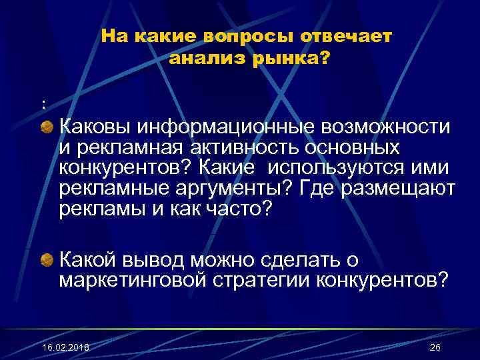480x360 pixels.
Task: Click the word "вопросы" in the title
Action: (x=241, y=37)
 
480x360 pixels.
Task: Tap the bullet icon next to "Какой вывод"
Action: (x=48, y=259)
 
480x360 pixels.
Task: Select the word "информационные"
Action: (x=229, y=125)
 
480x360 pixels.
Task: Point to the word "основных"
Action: (x=353, y=146)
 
